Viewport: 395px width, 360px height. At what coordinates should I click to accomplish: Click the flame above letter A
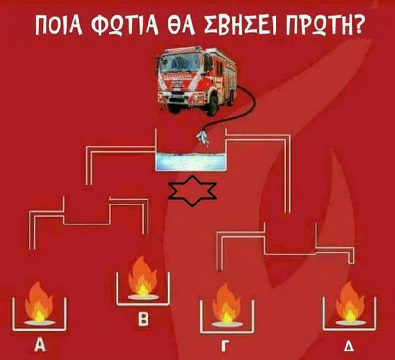tap(39, 302)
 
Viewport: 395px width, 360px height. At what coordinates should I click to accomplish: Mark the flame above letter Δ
tap(350, 302)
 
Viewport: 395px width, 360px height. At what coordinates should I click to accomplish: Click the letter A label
tap(41, 345)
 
